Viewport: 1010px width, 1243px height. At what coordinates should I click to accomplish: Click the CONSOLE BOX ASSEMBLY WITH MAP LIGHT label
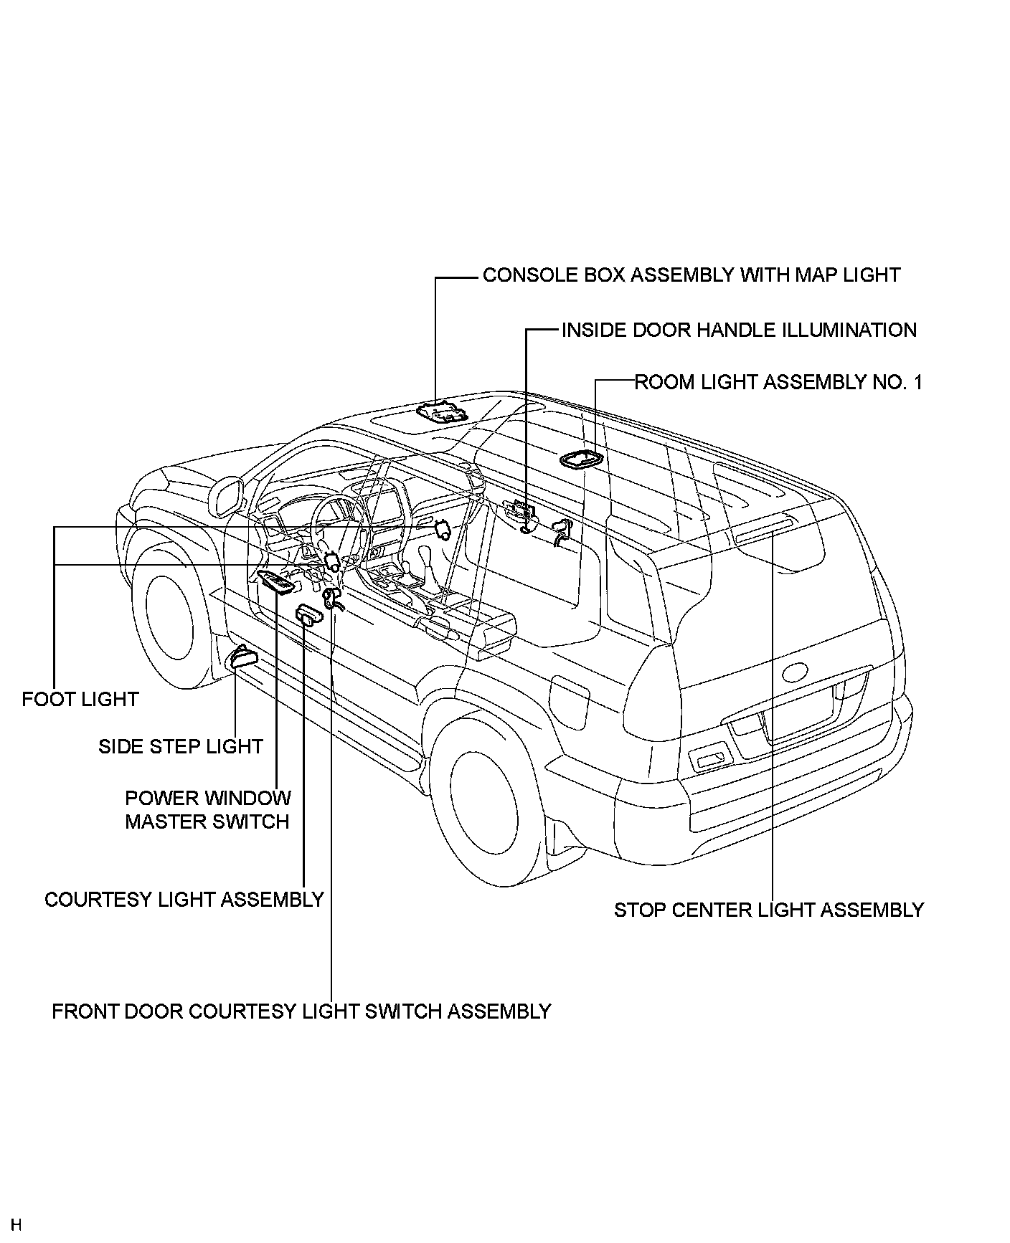point(691,275)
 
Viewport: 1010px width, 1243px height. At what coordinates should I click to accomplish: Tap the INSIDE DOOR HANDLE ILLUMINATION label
point(739,330)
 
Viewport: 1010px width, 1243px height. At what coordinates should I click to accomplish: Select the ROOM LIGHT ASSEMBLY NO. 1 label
point(778,382)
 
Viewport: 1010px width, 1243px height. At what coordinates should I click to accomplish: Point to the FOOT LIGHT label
point(80,699)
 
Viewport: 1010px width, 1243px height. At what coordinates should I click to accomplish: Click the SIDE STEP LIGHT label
point(181,747)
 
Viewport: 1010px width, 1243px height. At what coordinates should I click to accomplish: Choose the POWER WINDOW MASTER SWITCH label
point(208,810)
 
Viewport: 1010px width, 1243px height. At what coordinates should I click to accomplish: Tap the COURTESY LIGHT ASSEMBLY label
point(184,900)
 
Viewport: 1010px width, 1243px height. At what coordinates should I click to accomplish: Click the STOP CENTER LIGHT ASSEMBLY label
point(769,910)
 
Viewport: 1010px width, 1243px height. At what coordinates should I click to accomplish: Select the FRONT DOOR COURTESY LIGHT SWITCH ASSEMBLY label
point(301,1011)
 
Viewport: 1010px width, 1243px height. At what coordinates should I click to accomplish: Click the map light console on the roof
point(441,412)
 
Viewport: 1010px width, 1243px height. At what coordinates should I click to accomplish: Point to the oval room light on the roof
point(580,459)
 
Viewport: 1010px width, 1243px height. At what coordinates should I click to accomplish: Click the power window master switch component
point(277,584)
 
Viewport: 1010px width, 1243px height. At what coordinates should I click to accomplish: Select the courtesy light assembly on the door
point(310,615)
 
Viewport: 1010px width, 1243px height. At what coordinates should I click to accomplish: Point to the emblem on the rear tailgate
point(796,672)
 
